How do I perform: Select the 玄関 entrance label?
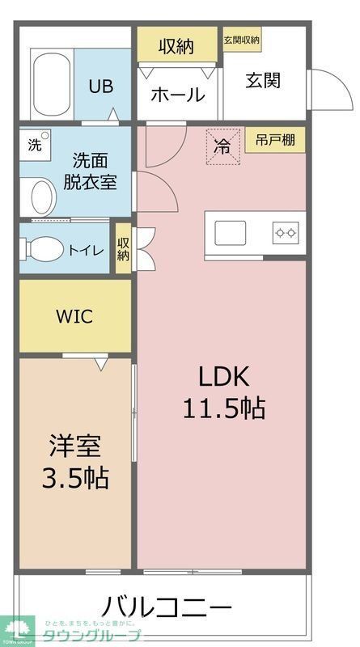click(x=264, y=80)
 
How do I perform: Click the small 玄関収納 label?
click(x=241, y=40)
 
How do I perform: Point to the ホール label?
click(x=177, y=95)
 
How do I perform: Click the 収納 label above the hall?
click(x=176, y=46)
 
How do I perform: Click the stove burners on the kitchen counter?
click(x=286, y=233)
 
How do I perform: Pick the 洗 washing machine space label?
click(x=34, y=146)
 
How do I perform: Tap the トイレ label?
click(x=85, y=250)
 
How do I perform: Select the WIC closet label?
click(x=74, y=316)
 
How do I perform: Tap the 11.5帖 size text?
click(x=222, y=408)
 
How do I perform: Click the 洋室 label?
click(x=75, y=446)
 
